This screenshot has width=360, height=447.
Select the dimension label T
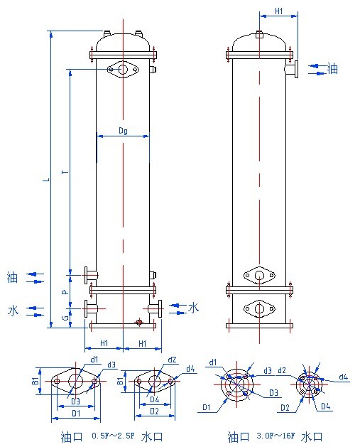click(x=65, y=172)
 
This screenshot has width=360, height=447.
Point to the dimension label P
click(x=65, y=291)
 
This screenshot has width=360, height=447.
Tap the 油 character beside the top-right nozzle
click(x=333, y=68)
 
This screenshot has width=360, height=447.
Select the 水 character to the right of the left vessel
click(x=193, y=307)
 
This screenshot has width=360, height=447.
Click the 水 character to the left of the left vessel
click(x=13, y=311)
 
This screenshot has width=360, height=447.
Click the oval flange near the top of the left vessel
click(x=124, y=70)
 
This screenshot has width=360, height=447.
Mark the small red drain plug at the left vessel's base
click(x=139, y=323)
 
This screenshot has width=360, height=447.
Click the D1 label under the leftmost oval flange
click(x=75, y=412)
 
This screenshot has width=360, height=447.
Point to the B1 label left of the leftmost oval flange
click(x=36, y=382)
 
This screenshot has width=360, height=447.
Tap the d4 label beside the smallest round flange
click(x=342, y=377)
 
